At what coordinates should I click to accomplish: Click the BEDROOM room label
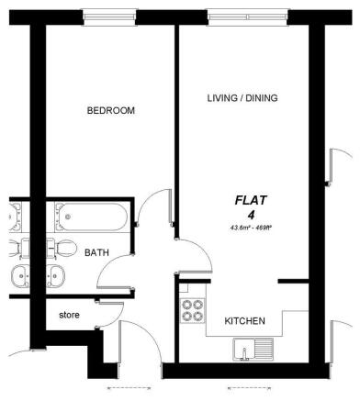point(111,110)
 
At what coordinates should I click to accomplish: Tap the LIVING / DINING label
point(242,98)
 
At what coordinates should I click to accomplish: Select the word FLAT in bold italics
point(251,200)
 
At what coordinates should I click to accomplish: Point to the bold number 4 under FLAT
point(252,216)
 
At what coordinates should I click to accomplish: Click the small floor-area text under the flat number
point(252,228)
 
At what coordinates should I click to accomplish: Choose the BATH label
point(96,253)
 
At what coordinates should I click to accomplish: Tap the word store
point(69,315)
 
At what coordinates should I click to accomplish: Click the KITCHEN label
point(245,321)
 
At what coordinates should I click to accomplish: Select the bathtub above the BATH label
point(91,217)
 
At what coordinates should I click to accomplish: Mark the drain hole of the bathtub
point(68,217)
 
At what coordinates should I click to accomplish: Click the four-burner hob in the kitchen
point(193,310)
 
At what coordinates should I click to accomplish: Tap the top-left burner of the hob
point(186,305)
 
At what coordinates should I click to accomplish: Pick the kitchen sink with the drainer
point(253,350)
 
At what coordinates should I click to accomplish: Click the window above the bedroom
point(109,17)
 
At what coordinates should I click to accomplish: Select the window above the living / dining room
point(248,17)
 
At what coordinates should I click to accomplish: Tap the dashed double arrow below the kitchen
point(250,389)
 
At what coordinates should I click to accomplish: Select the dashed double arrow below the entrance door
point(129,389)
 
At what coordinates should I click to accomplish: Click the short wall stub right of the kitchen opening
point(293,281)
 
